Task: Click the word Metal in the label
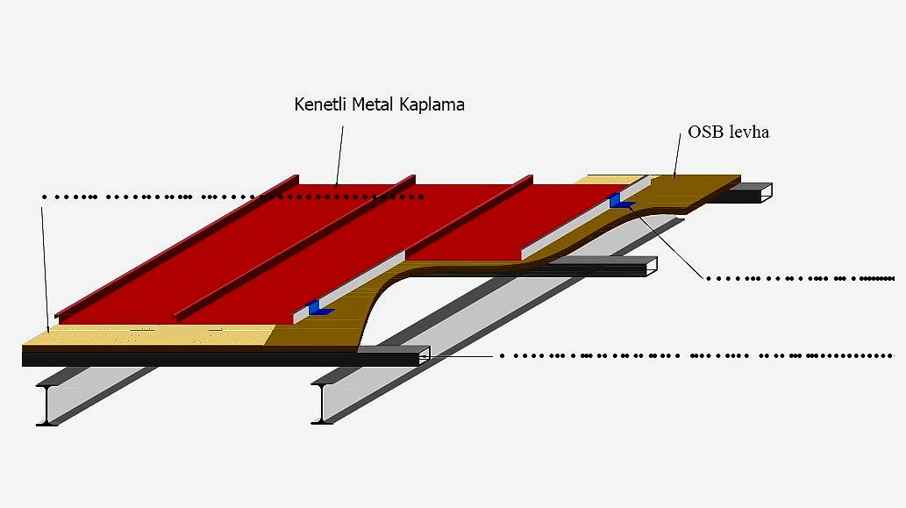374,104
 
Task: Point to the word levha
749,132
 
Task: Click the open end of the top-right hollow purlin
763,193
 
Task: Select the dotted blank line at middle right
798,278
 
